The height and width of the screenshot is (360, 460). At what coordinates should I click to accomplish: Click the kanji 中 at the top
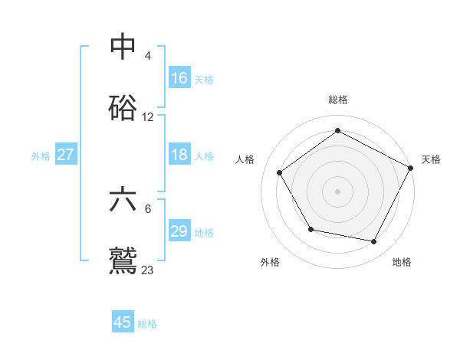123,47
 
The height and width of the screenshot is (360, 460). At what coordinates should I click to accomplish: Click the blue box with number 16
179,78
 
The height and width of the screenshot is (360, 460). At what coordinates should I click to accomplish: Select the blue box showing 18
179,155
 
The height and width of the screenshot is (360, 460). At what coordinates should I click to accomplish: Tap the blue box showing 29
179,231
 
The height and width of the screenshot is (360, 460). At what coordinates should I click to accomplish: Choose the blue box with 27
66,155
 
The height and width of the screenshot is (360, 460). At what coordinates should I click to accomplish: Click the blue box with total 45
123,322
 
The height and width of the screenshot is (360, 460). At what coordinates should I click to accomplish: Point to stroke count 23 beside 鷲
148,270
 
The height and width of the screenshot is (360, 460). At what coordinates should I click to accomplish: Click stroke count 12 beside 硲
148,117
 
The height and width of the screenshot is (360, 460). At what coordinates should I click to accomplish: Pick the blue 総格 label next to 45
147,324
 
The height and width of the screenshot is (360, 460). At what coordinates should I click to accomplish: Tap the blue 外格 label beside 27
41,156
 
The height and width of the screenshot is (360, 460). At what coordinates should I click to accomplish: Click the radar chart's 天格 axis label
431,159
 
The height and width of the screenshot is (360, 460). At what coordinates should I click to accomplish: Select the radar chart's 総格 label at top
337,100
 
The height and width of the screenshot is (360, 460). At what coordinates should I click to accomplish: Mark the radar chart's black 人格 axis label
245,159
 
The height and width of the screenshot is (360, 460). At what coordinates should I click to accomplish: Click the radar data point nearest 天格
410,168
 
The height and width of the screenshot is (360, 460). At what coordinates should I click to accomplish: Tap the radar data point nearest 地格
374,241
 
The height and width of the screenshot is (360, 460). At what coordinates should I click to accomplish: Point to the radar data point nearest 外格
310,229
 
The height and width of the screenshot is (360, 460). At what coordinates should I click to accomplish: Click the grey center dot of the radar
337,191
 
